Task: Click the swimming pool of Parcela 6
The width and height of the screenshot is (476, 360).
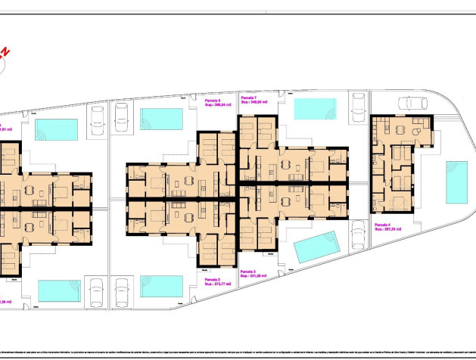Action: (162, 119)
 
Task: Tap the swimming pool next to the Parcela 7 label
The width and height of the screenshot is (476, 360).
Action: (314, 109)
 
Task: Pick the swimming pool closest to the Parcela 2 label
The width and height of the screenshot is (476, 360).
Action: (162, 286)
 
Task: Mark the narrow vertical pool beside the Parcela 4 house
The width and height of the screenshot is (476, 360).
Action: (456, 182)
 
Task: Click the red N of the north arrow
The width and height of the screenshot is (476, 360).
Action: (7, 52)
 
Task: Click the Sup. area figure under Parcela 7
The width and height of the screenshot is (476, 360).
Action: (255, 103)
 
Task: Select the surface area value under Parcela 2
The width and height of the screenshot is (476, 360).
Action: (216, 284)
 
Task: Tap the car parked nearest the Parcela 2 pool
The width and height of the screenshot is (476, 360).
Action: (121, 292)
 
